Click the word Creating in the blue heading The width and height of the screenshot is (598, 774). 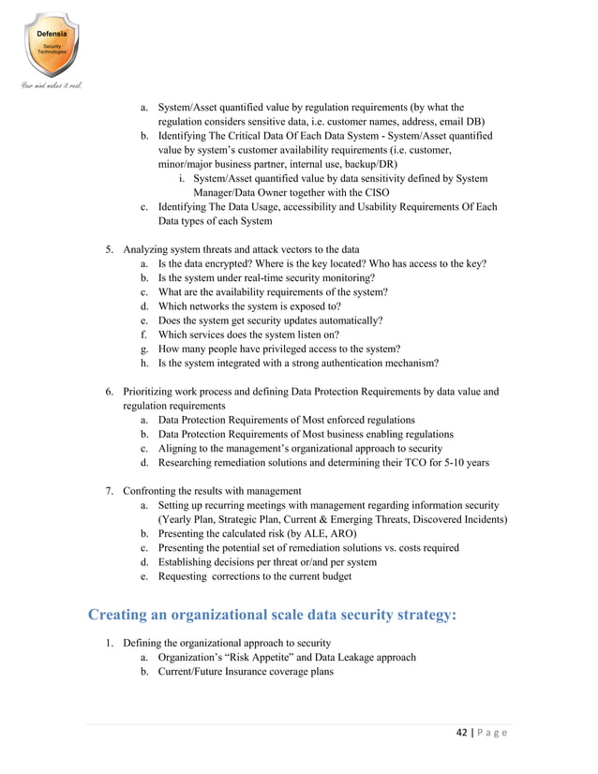127,615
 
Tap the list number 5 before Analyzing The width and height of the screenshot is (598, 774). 108,250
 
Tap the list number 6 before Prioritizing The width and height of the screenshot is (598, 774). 108,391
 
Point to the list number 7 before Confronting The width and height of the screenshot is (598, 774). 108,490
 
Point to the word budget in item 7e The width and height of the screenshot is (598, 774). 333,576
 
